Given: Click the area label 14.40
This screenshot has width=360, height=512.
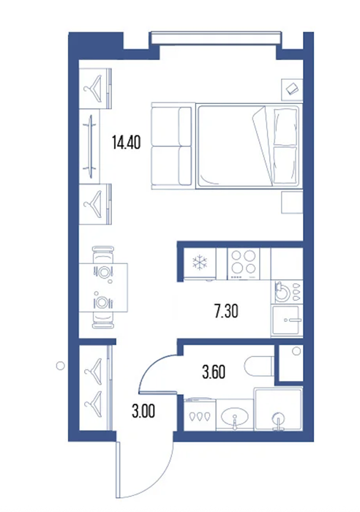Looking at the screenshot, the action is tap(126, 143).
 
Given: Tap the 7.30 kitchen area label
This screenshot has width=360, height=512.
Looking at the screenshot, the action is tap(226, 311).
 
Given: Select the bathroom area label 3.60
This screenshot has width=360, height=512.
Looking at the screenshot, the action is tap(214, 372).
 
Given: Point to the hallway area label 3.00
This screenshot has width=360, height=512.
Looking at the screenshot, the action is tap(143, 411).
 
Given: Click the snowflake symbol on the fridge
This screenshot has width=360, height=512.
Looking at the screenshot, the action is tap(199, 263).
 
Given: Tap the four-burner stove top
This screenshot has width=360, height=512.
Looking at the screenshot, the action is tap(244, 263).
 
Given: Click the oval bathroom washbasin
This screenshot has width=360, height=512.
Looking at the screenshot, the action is tap(235, 417).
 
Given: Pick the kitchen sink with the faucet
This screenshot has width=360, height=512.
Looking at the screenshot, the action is tap(287, 320).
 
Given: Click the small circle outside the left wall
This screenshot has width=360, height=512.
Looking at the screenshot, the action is tap(61, 366).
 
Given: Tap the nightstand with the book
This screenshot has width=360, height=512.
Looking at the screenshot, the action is tap(292, 89).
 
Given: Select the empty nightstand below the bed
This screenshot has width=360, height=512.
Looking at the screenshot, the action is tap(292, 203).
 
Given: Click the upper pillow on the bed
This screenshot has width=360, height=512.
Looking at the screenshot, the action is tap(285, 127).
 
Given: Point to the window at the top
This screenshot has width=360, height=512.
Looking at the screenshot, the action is tap(216, 37).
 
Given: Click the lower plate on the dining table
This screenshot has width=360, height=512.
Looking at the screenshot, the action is tap(102, 302).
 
